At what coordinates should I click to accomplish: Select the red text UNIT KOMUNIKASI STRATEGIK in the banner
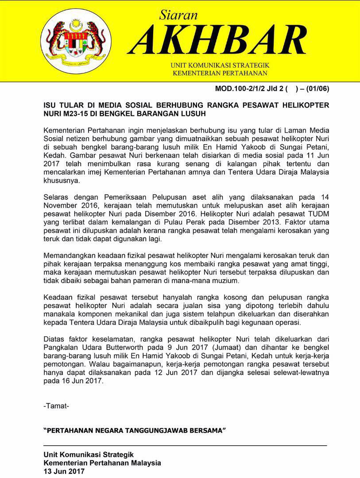[x=220, y=66]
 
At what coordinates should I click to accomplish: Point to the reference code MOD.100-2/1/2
[x=241, y=88]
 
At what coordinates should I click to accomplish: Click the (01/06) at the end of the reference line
[x=317, y=88]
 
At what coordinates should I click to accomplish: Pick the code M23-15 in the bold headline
[x=78, y=114]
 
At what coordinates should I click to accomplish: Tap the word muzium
[x=227, y=281]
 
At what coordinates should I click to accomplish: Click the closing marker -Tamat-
[x=56, y=405]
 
